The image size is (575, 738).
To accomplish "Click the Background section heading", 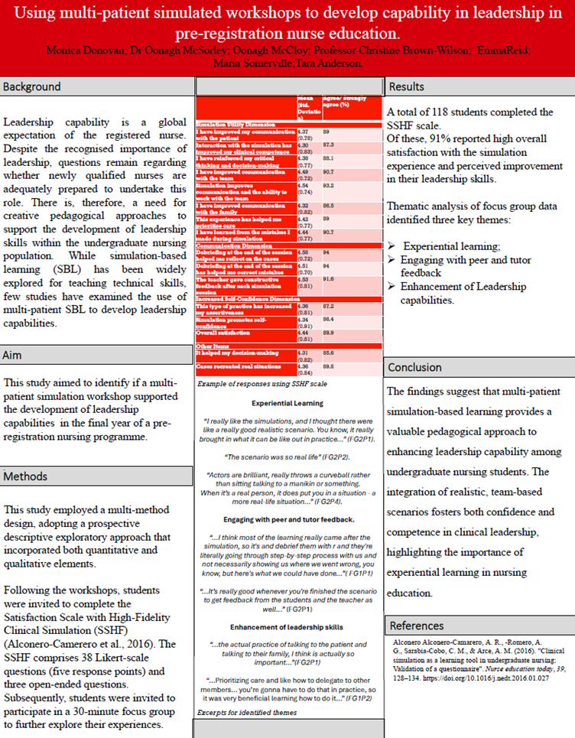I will click(32, 87).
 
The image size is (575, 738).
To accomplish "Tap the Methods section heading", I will click(26, 476).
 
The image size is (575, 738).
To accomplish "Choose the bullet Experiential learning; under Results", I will click(451, 246).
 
